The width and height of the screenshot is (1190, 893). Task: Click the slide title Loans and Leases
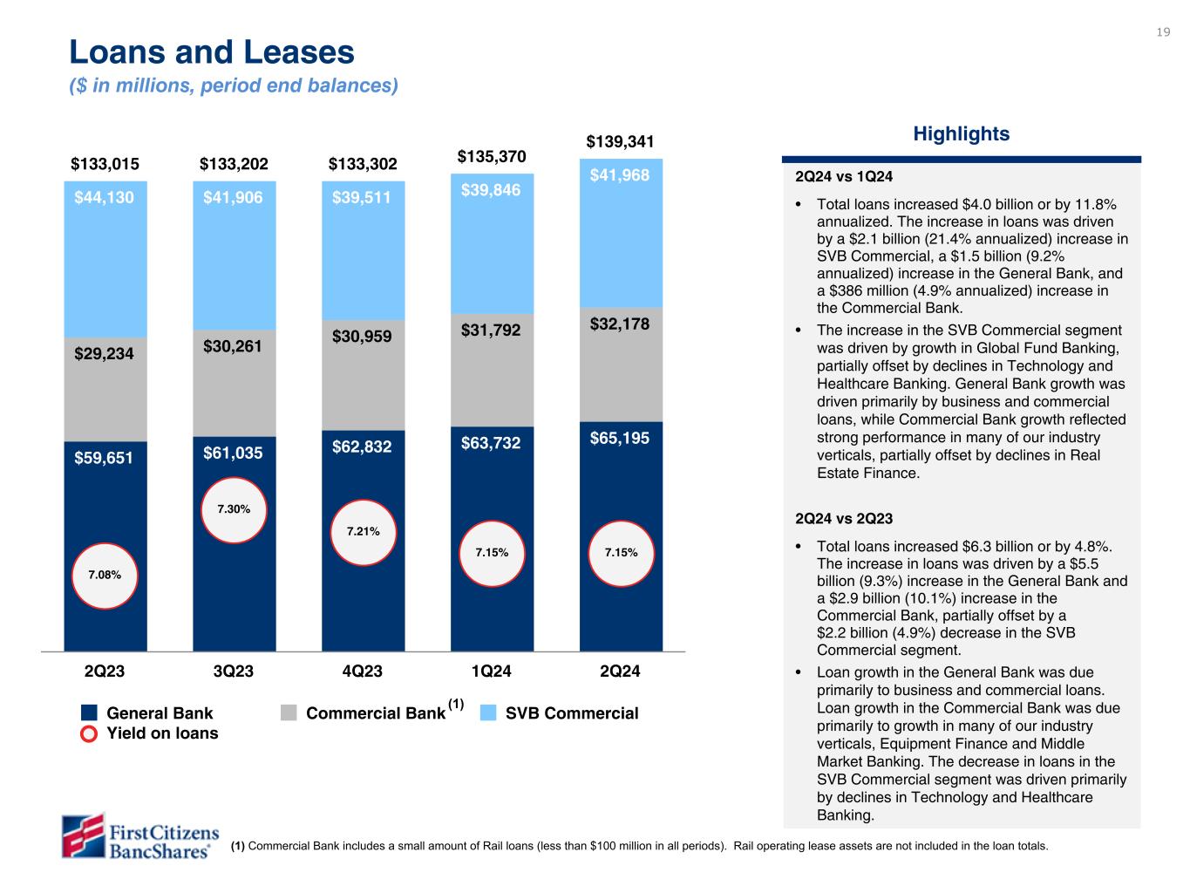212,53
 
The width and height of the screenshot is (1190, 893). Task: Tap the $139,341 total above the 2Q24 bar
620,141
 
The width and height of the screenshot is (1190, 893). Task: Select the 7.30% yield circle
234,509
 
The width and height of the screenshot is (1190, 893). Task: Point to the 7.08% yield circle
105,575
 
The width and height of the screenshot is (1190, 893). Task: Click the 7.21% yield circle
363,531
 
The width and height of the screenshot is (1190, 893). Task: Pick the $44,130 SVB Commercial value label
105,198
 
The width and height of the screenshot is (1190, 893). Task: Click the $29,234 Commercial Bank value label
105,354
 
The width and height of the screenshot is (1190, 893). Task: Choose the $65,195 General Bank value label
620,439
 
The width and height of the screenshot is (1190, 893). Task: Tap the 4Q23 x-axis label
363,671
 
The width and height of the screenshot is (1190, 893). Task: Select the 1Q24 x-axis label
492,671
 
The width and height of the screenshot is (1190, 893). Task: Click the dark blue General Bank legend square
89,713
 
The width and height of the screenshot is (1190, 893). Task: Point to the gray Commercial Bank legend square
289,713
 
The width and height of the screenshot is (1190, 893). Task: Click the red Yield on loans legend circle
89,733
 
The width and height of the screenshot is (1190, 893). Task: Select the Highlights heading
961,134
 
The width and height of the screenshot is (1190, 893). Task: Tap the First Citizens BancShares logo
139,835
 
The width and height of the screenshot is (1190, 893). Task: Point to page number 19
1163,32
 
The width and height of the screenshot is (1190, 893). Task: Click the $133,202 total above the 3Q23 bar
234,164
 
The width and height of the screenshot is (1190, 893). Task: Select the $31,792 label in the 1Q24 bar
492,331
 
